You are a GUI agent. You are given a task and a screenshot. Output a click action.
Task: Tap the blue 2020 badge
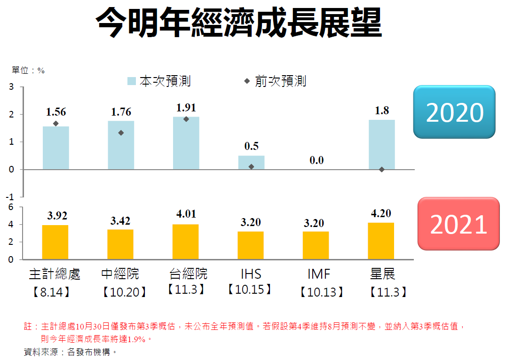454,112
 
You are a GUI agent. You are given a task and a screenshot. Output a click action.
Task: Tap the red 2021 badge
458,224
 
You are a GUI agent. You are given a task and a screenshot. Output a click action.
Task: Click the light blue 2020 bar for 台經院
186,143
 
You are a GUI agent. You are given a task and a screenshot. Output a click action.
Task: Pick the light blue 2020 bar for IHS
251,162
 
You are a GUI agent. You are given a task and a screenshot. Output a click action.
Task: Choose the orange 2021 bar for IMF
316,245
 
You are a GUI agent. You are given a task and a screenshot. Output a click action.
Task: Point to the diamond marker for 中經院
121,133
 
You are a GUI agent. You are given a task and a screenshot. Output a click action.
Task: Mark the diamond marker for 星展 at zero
381,170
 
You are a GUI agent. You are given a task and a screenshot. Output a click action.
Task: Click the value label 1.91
186,108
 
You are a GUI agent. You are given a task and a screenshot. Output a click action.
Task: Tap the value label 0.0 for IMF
316,160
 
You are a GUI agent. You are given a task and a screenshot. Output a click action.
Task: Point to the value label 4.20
381,213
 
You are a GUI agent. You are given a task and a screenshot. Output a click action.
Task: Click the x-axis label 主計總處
55,274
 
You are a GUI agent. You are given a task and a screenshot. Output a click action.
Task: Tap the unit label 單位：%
28,70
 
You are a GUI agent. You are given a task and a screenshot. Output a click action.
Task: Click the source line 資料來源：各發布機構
70,351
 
